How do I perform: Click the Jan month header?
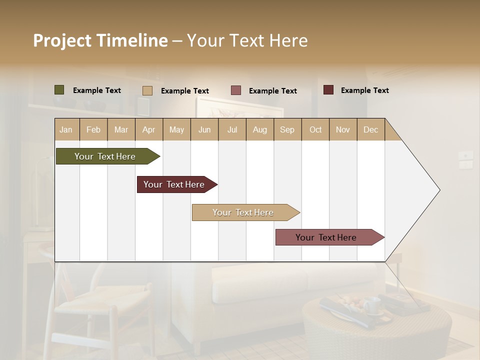[x=66, y=129]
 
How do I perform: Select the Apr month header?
[x=148, y=129]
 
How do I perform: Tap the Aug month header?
[x=259, y=129]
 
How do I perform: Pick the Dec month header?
[x=370, y=129]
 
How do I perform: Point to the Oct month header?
[x=315, y=129]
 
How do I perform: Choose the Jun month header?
[x=204, y=129]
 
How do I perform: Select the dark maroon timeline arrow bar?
[x=175, y=184]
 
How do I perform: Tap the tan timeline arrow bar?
[x=243, y=212]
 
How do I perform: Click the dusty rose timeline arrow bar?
[x=327, y=237]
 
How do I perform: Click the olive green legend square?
[x=59, y=90]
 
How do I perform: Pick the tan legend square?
[x=147, y=90]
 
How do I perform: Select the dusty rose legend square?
[x=236, y=90]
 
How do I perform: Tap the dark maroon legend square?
[x=328, y=90]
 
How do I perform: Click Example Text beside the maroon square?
[x=364, y=90]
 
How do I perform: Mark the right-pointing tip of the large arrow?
[x=439, y=190]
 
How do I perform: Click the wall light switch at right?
[x=465, y=159]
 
